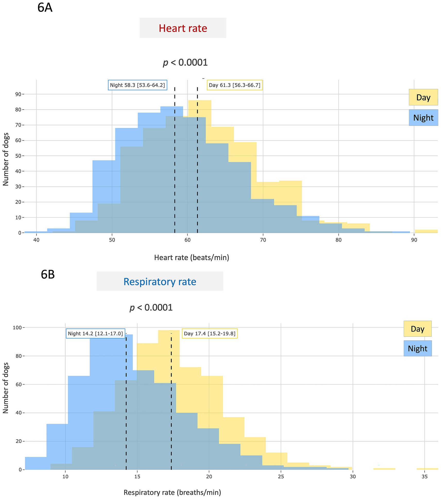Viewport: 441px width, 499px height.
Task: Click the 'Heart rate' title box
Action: [183, 28]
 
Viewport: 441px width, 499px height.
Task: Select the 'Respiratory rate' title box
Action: [160, 281]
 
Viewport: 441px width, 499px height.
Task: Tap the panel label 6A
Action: [45, 7]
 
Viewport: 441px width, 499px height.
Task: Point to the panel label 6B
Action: [48, 274]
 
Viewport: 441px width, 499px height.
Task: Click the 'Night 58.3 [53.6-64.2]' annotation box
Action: [137, 85]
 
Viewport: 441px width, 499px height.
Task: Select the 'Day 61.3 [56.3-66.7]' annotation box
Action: [235, 85]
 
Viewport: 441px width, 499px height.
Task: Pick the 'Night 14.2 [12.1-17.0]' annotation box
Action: [96, 334]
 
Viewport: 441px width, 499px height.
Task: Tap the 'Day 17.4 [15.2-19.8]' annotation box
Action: [210, 334]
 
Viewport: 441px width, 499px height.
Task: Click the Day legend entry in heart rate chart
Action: [423, 97]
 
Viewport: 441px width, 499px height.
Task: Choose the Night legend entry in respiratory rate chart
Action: [417, 348]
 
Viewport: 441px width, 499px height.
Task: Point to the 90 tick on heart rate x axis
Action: [414, 240]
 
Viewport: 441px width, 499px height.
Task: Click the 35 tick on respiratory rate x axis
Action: [424, 477]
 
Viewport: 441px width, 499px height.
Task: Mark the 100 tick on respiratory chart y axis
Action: [17, 328]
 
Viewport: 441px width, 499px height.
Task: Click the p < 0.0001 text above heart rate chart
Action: [185, 62]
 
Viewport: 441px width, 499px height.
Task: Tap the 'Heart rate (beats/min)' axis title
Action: [192, 257]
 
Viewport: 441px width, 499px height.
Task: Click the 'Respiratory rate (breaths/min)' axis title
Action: [172, 492]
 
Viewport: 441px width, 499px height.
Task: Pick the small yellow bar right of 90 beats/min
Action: [426, 231]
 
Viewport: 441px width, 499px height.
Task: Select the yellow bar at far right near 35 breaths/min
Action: [427, 469]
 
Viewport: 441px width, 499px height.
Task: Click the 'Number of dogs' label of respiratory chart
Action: [6, 388]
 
